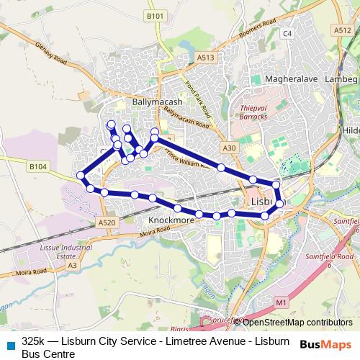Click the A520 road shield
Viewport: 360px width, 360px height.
pos(107,223)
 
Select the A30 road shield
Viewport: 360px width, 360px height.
pos(229,148)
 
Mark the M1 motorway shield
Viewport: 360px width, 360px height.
pos(281,302)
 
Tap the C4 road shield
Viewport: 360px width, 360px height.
pos(288,34)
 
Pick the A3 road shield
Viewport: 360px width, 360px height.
pos(71,266)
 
